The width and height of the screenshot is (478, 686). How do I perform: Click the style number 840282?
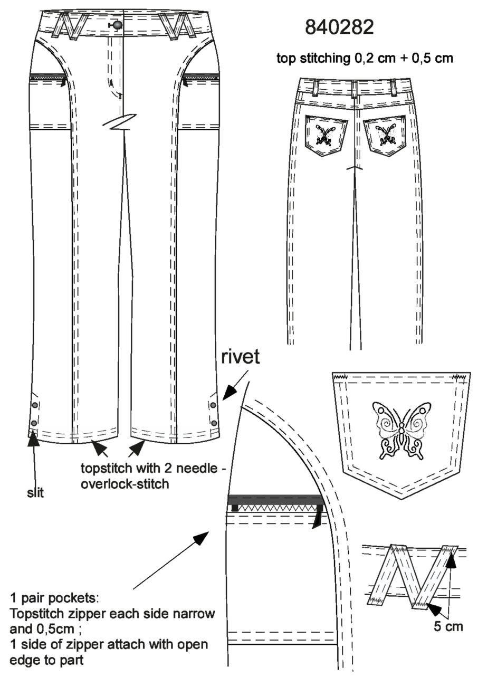click(339, 27)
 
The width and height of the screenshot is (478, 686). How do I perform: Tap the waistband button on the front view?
click(117, 25)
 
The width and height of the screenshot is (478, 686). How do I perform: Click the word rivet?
click(241, 357)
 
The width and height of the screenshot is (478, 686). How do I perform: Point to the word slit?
click(35, 493)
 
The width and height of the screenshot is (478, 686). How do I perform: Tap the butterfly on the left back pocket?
click(327, 135)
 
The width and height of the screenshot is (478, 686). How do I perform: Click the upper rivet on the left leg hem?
click(34, 405)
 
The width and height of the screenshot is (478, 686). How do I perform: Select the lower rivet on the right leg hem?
click(214, 423)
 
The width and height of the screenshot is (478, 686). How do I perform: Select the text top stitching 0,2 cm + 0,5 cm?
click(365, 58)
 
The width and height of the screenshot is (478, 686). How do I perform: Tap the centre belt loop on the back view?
click(355, 90)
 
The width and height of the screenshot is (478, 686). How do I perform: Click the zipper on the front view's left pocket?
click(47, 77)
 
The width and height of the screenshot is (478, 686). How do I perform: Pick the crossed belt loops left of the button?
click(70, 26)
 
